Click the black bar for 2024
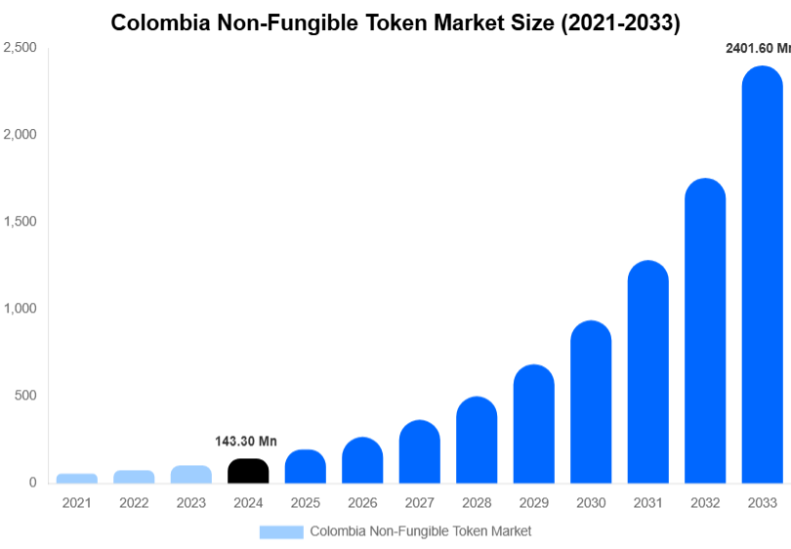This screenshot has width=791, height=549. click(x=248, y=471)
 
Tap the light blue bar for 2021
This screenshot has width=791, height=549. click(x=76, y=478)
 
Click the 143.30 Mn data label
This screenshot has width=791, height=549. click(x=246, y=442)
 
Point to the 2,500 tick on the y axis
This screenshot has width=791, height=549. click(x=20, y=47)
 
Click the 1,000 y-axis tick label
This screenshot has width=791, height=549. click(x=20, y=309)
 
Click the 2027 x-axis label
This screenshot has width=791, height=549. click(x=419, y=503)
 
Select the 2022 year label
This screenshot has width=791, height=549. click(x=134, y=503)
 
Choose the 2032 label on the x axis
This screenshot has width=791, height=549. click(x=704, y=503)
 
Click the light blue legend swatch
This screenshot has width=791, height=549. click(x=281, y=531)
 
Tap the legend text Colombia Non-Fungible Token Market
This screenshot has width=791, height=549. click(x=421, y=531)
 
